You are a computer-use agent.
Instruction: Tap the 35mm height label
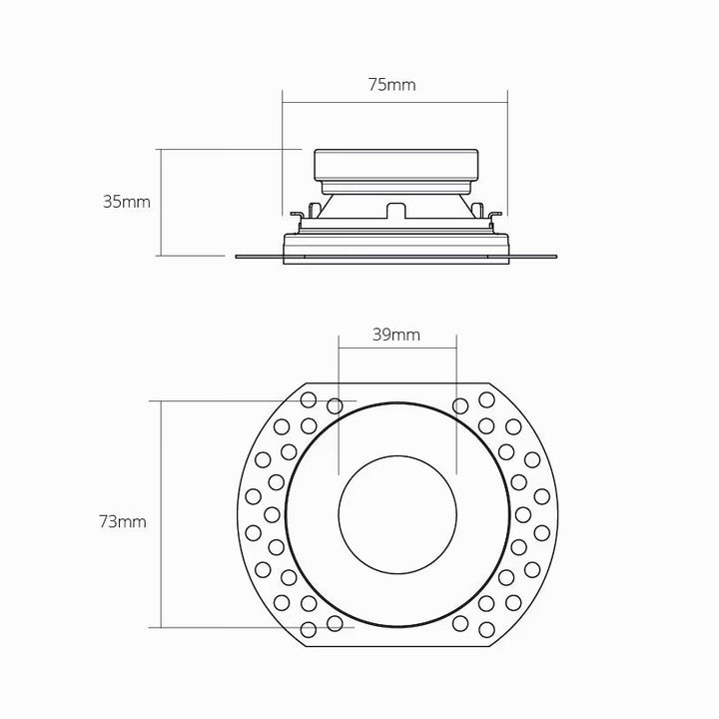(x=126, y=201)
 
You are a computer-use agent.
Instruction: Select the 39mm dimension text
(x=395, y=336)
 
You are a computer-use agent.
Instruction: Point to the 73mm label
(x=123, y=521)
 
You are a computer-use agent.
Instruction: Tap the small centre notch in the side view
(x=396, y=210)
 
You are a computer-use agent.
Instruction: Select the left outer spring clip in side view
(x=298, y=216)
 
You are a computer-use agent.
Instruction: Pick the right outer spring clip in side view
(x=494, y=216)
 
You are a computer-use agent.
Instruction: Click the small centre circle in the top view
(x=397, y=506)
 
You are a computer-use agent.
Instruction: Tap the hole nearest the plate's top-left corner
(x=309, y=402)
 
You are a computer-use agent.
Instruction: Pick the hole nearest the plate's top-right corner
(x=486, y=399)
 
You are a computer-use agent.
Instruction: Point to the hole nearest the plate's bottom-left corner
(x=309, y=629)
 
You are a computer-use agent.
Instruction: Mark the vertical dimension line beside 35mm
(x=161, y=202)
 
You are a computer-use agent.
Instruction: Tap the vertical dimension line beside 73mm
(x=161, y=514)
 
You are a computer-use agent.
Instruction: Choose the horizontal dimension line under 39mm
(x=397, y=348)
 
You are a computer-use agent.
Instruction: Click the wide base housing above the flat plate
(x=396, y=245)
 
